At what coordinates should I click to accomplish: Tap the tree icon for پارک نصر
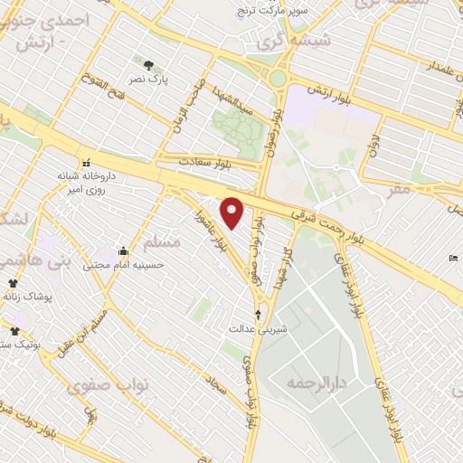tap(148, 64)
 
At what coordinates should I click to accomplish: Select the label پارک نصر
tap(178, 80)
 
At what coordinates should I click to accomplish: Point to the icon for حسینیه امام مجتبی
tap(123, 250)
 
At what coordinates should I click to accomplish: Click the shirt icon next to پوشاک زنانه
tap(13, 283)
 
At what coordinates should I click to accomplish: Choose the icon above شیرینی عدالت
tap(260, 315)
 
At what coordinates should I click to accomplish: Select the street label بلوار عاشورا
tap(224, 227)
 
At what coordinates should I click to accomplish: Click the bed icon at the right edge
tap(453, 259)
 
